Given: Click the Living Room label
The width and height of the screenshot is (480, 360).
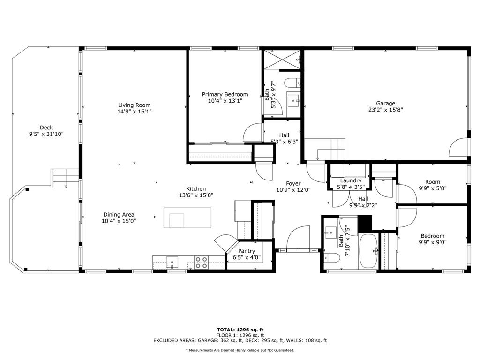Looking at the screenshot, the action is (x=134, y=105).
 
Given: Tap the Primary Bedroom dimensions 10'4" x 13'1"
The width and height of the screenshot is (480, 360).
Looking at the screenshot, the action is (x=225, y=101).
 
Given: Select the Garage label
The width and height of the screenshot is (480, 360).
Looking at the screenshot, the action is (x=385, y=104).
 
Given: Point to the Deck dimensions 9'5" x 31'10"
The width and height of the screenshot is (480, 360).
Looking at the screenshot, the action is (x=46, y=134).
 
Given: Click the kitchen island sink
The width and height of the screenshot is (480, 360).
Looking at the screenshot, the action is (x=177, y=221).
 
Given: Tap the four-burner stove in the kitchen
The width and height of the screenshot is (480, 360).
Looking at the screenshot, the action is (x=202, y=262).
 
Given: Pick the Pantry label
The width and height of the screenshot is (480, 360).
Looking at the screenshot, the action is (x=247, y=251).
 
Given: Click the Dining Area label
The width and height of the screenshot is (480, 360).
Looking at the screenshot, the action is (x=119, y=215).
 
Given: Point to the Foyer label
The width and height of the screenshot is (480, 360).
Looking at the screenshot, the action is (x=293, y=183).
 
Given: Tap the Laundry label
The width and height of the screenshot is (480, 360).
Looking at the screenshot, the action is (x=351, y=180).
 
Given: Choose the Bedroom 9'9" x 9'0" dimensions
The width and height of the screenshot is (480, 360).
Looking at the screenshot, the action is (x=433, y=242).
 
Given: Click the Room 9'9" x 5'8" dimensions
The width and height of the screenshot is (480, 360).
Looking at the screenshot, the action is (x=433, y=188).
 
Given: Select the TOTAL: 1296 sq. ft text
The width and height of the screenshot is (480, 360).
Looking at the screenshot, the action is (x=240, y=330).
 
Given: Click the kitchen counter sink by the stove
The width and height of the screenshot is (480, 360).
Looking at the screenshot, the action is (x=172, y=262).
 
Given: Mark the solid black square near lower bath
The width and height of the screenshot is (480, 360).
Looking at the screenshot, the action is (x=365, y=223).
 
